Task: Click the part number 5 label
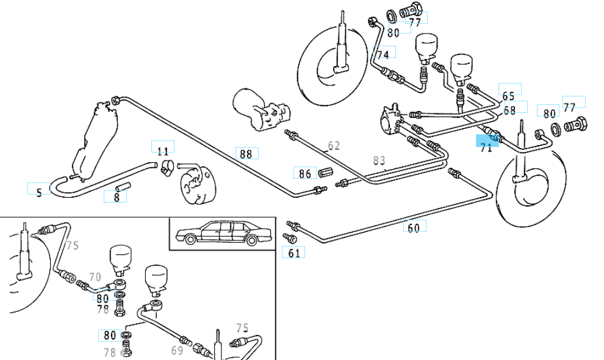point(39,193)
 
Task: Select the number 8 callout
point(116,196)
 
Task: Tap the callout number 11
point(162,151)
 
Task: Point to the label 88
point(246,154)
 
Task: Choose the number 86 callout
point(305,174)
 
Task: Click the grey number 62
point(334,146)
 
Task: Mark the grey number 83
point(379,161)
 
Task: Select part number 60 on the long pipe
point(414,228)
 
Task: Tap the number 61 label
point(294,253)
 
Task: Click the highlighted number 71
point(486,147)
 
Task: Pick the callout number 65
point(509,96)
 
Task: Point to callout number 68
point(510,110)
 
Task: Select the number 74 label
point(383,55)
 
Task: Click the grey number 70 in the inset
point(95,278)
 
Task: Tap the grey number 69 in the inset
point(177,350)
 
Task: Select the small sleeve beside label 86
point(326,171)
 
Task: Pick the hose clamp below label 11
point(165,167)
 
